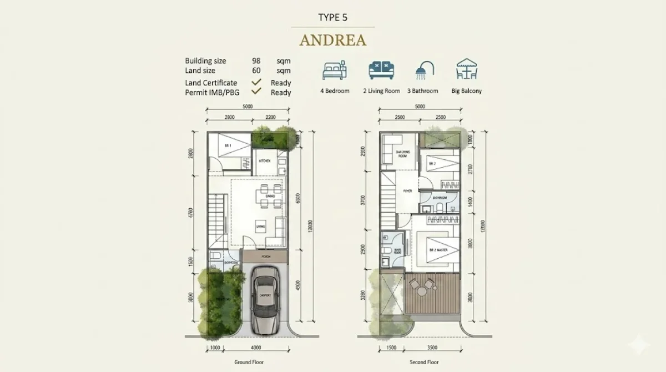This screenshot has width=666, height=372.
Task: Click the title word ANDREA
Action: click(332, 41)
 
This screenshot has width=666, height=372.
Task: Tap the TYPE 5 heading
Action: click(332, 17)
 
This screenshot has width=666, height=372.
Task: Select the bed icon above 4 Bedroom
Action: click(335, 71)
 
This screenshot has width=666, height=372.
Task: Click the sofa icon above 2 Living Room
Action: click(381, 71)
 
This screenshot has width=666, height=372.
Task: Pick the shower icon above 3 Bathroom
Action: click(426, 71)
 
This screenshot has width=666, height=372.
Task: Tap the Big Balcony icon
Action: click(466, 71)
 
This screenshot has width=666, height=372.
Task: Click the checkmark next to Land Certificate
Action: click(256, 82)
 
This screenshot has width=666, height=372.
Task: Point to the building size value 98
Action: click(256, 61)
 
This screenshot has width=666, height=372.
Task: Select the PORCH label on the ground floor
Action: click(265, 257)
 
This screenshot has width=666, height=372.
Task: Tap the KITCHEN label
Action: click(265, 161)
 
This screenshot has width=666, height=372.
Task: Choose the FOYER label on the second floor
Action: click(407, 191)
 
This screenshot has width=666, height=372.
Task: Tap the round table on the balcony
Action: click(423, 289)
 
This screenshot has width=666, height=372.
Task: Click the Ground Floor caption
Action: click(248, 361)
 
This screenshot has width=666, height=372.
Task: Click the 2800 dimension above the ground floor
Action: click(229, 117)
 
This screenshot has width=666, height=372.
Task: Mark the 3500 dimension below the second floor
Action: click(432, 348)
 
